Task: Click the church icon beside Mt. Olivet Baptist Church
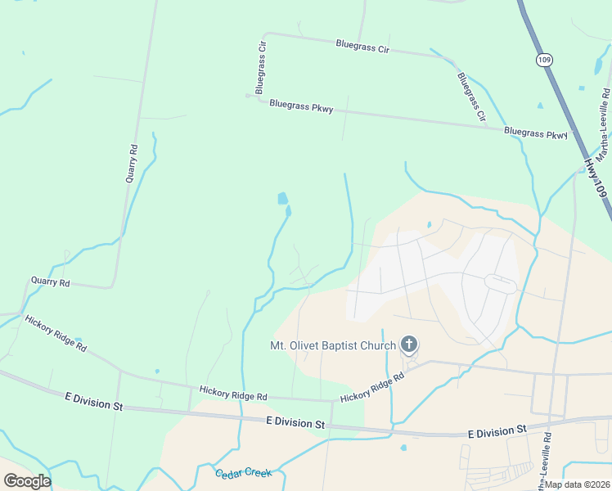tap(408, 345)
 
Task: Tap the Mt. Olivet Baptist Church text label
tap(333, 345)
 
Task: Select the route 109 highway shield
tap(545, 60)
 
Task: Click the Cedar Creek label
tap(243, 474)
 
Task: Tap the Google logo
tap(27, 481)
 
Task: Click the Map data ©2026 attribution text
tap(577, 484)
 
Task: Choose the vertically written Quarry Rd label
tap(133, 163)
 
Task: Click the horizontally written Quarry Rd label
tap(51, 282)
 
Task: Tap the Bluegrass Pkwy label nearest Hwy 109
tap(536, 133)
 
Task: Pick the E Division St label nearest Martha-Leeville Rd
tap(497, 430)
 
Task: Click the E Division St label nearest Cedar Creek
tap(295, 422)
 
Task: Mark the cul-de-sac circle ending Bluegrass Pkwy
tap(248, 96)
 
